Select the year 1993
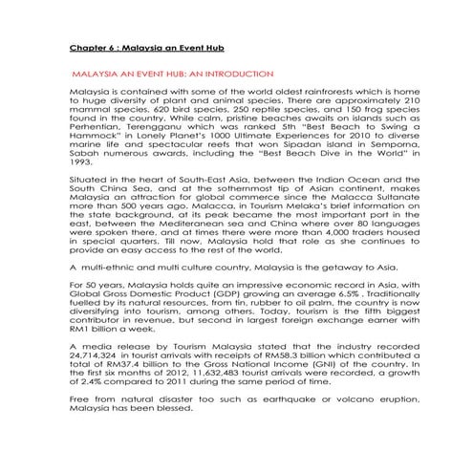click(x=82, y=160)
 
